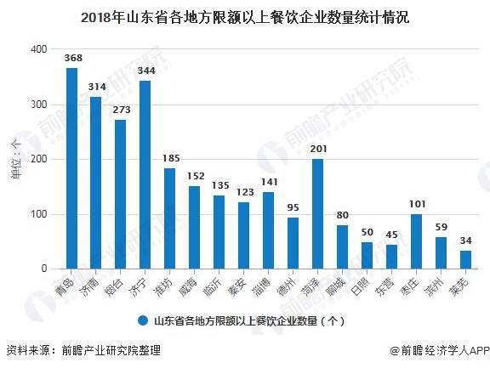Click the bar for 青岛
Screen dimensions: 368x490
point(72,168)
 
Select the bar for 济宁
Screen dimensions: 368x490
point(145,175)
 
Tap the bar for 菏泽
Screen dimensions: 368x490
point(317,214)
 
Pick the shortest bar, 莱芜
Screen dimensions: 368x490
point(465,259)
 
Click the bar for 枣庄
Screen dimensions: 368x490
point(416,241)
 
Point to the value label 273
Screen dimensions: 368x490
point(121,110)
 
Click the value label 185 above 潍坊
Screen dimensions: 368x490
point(170,158)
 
